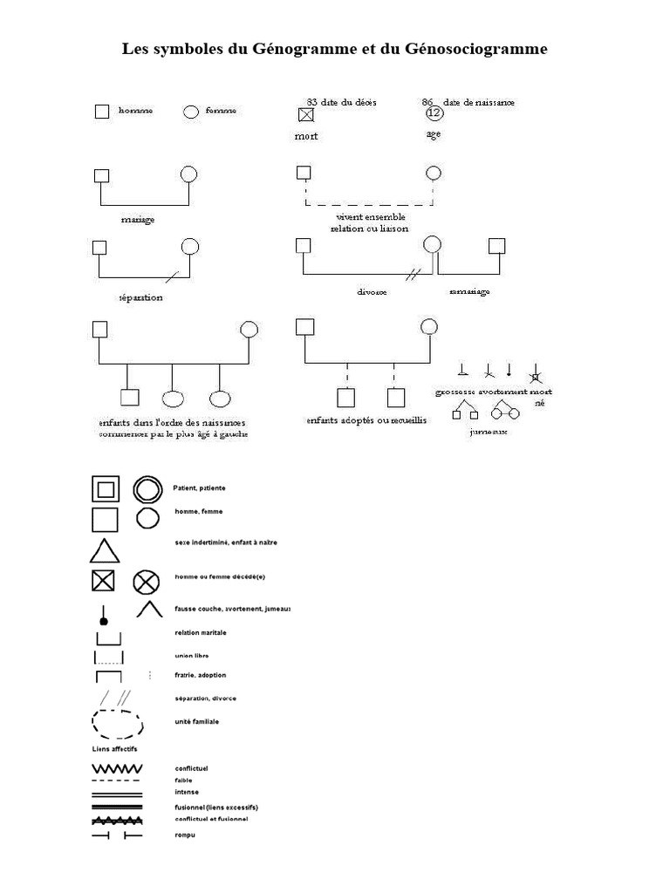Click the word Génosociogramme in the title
click(476, 50)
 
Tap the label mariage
click(138, 220)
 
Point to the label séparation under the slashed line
click(140, 297)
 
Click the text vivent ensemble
click(370, 217)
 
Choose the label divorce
click(372, 292)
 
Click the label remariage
click(469, 291)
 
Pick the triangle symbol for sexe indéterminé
click(104, 551)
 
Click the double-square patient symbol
click(105, 489)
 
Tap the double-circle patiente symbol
click(148, 489)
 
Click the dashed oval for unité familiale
click(119, 723)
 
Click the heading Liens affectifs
click(114, 749)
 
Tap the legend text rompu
click(184, 835)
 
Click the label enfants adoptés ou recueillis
click(366, 420)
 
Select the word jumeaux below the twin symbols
click(487, 431)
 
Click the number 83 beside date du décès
click(312, 102)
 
